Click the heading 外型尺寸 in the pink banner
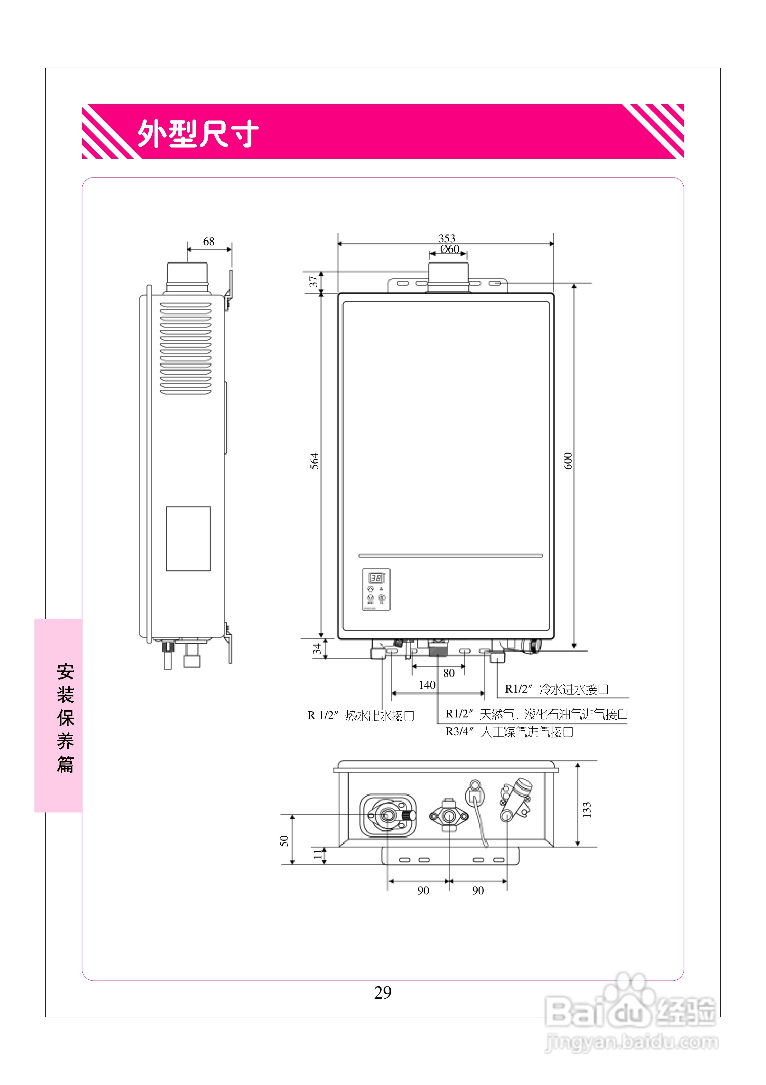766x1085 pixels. tap(198, 133)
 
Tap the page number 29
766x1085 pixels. tap(383, 992)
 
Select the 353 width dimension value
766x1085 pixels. tap(447, 238)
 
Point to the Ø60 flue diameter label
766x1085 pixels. tap(450, 249)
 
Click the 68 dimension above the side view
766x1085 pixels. tap(209, 242)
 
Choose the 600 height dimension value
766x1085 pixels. tap(568, 461)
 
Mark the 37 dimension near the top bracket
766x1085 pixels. tap(313, 282)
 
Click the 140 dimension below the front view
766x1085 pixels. tap(427, 685)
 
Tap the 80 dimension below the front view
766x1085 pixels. tap(449, 673)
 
